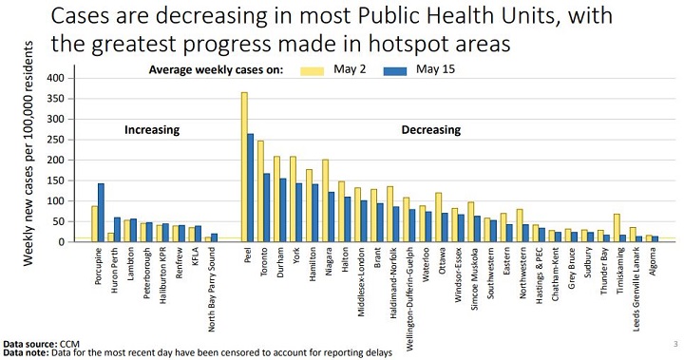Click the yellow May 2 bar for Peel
(244, 167)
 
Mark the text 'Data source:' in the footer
(29, 343)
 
